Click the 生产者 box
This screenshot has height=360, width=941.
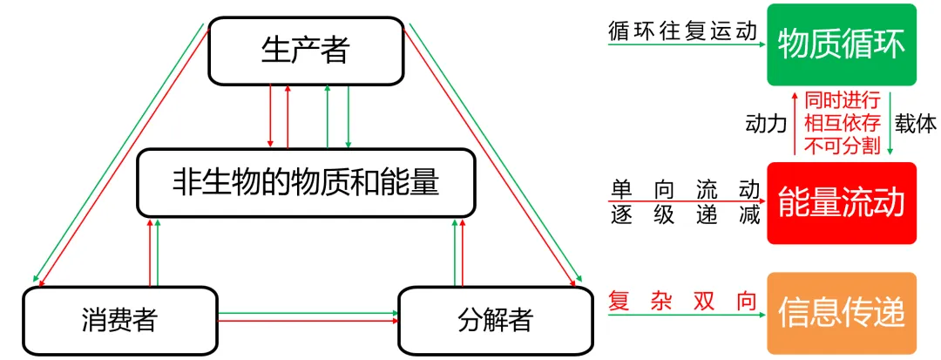click(306, 51)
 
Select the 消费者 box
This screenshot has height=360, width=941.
click(119, 321)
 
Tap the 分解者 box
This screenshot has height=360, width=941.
click(495, 321)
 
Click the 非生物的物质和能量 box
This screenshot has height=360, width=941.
click(306, 183)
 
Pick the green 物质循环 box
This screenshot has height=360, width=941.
click(842, 45)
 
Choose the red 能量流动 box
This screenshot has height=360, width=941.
click(842, 203)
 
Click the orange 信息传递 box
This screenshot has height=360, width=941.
click(842, 313)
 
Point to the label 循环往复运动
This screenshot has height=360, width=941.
click(683, 30)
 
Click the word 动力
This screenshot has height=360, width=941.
click(766, 124)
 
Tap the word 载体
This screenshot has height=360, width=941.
click(915, 124)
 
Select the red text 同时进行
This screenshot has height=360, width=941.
click(843, 100)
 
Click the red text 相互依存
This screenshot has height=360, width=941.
click(843, 124)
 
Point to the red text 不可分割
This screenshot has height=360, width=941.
click(843, 146)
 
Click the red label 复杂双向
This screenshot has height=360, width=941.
click(684, 301)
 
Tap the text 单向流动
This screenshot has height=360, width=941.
click(685, 190)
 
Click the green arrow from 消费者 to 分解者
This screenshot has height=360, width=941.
click(308, 313)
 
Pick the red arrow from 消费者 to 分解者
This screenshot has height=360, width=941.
click(308, 322)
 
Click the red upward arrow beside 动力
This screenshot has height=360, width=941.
click(795, 123)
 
